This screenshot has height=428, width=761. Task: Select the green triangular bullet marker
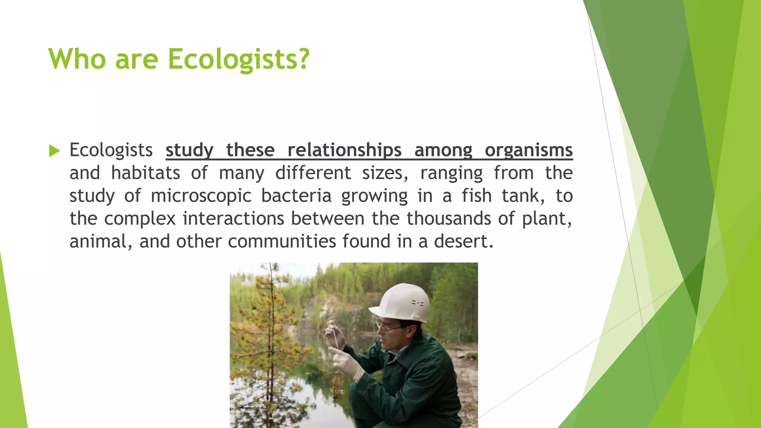click(54, 151)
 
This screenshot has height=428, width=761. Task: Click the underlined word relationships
click(344, 150)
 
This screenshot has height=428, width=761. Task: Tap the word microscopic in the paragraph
click(201, 196)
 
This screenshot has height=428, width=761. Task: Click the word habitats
click(146, 173)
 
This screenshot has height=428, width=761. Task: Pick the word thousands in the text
click(448, 218)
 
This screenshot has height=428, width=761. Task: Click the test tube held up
click(335, 336)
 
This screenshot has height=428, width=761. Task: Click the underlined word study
click(189, 150)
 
